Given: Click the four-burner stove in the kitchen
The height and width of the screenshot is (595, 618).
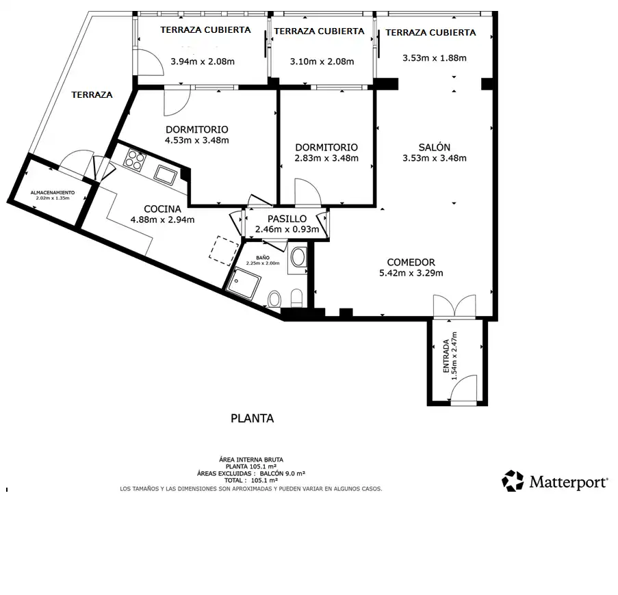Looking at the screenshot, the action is tap(135, 160).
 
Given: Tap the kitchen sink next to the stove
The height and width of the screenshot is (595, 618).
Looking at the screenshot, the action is tap(166, 175).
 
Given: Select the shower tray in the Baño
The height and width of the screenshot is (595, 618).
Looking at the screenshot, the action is tap(244, 284).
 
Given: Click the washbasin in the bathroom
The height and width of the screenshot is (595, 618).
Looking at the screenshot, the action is tap(298, 258).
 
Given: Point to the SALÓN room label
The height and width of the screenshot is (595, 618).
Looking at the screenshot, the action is tap(435, 147).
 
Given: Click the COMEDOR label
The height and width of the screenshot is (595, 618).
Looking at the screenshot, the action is tap(411, 262).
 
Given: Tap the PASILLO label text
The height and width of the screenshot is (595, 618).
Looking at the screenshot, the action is tap(287, 219).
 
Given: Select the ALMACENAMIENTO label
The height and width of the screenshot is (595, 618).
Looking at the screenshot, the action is tap(53, 193).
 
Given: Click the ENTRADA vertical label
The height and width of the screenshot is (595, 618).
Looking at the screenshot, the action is tap(446, 356).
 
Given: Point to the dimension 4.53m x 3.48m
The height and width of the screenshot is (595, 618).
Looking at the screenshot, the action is tap(196, 140).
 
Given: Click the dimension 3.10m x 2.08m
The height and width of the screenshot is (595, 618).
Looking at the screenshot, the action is tap(322, 62).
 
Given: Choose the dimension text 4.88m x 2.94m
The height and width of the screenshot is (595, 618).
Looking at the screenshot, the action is tap(162, 220).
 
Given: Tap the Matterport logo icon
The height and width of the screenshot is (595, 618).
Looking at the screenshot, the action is tap(513, 481).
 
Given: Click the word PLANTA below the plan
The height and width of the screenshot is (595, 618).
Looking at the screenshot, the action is tap(253, 418).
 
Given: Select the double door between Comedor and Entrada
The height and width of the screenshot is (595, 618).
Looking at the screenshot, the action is tap(454, 306).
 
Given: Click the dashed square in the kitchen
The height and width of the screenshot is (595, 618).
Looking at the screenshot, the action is tap(224, 250).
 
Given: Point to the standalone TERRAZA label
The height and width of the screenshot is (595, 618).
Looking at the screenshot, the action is tap(92, 94).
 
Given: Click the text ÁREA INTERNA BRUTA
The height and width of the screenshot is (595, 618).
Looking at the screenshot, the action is tap(251, 460).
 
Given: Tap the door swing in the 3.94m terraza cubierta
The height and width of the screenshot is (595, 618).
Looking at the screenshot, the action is tap(150, 62).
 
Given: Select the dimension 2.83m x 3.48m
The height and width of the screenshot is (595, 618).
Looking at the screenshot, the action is tap(326, 158).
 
